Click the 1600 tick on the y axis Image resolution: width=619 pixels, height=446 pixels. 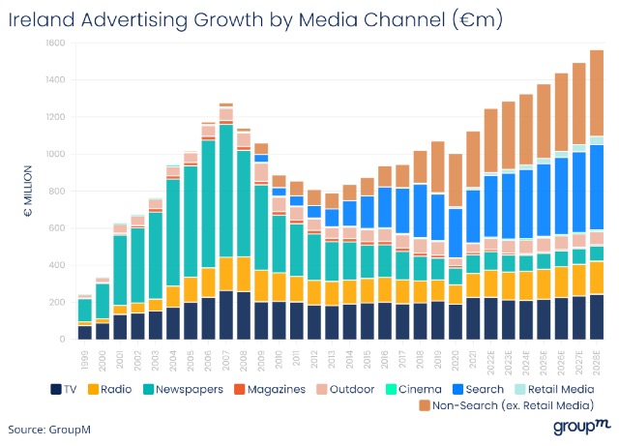(x=57, y=44)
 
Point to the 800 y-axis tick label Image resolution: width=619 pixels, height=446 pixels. (x=59, y=192)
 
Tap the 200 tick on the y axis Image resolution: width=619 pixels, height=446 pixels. (x=59, y=303)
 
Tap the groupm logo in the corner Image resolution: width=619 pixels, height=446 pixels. (x=582, y=427)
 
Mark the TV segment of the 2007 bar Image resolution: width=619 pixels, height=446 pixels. (x=225, y=314)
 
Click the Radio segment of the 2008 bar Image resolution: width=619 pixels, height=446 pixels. (x=244, y=274)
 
